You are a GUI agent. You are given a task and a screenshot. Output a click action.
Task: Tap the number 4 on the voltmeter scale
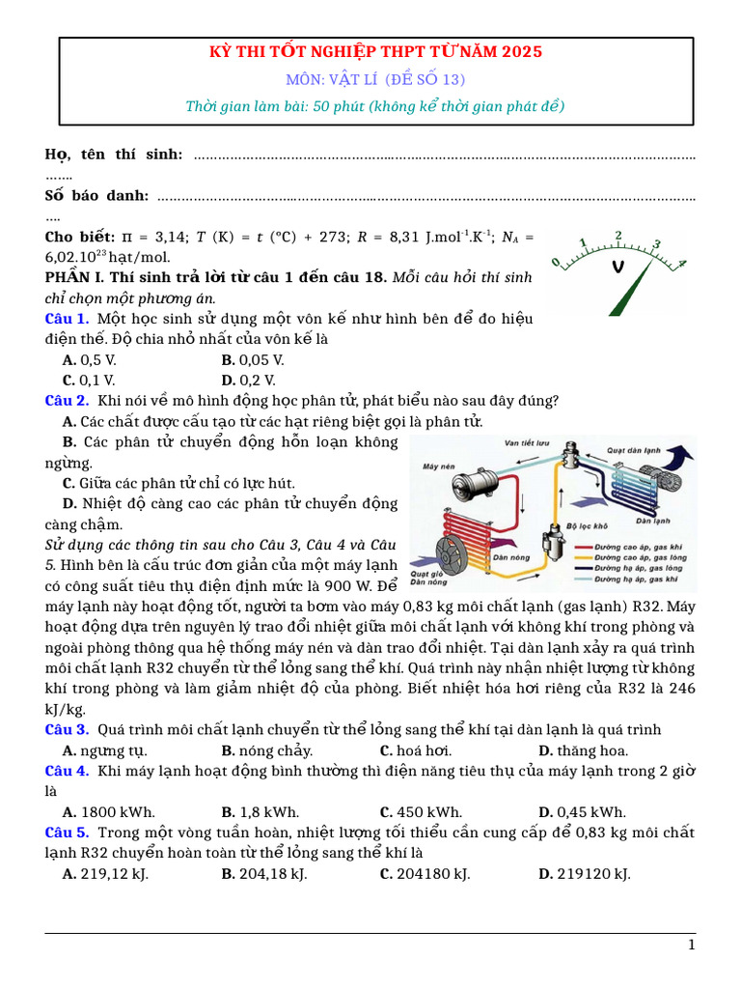point(681,263)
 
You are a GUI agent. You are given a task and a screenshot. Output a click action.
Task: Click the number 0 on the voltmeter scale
point(555,263)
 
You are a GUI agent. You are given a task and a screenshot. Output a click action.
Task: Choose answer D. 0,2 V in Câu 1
point(248,381)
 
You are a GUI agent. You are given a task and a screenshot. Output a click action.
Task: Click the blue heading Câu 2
point(67,401)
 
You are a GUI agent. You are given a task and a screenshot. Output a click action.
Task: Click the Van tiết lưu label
point(527,443)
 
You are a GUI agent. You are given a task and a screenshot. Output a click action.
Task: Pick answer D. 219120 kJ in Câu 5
point(585,874)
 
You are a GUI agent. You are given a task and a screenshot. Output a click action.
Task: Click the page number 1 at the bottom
point(691,946)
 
